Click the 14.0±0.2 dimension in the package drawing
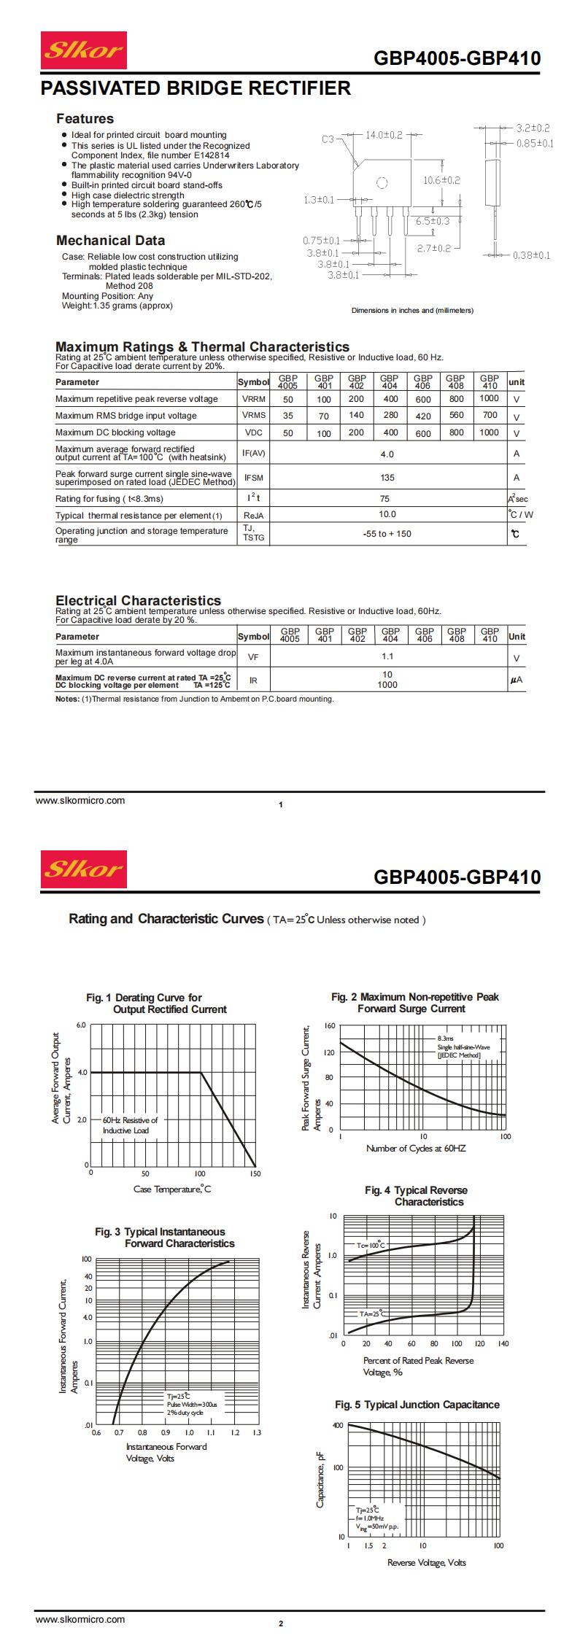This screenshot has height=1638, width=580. click(x=384, y=135)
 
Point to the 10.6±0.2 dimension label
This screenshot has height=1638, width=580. click(x=441, y=180)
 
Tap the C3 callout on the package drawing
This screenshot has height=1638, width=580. click(x=328, y=139)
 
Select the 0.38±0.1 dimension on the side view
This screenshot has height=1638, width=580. click(x=530, y=255)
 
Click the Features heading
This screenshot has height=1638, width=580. click(x=85, y=119)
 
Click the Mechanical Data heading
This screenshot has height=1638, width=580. click(x=110, y=241)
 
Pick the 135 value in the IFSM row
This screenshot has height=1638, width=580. click(x=387, y=478)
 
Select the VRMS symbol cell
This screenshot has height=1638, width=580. click(x=253, y=415)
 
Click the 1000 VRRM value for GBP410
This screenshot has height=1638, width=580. click(x=490, y=398)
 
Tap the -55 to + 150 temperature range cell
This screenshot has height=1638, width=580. click(x=387, y=534)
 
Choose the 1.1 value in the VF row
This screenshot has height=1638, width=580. click(x=387, y=656)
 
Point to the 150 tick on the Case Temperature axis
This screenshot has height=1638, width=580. click(x=255, y=1174)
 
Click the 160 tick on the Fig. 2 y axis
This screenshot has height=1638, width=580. click(x=329, y=1026)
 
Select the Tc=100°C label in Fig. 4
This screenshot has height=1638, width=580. click(x=370, y=1245)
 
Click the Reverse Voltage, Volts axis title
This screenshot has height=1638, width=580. click(x=426, y=1562)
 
